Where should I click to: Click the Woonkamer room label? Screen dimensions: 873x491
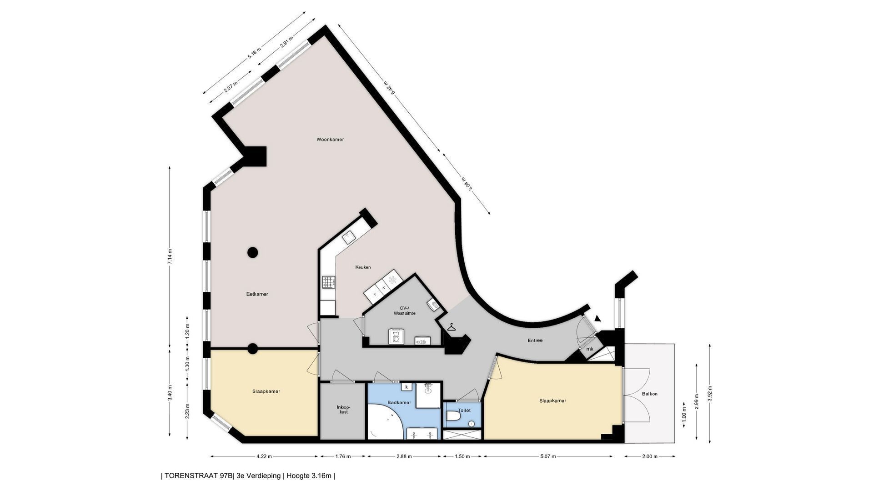coord(330,140)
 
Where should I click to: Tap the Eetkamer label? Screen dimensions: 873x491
coord(257,294)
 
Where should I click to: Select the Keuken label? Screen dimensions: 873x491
coord(363,267)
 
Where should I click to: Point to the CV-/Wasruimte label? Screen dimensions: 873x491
coord(404,311)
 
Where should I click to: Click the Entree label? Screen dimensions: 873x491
coord(535,341)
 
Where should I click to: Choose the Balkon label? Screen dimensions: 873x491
coord(650,394)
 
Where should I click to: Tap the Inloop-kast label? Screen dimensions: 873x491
coord(343,409)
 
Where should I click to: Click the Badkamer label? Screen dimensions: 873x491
coord(399,403)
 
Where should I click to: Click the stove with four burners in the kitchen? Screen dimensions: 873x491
coord(329,282)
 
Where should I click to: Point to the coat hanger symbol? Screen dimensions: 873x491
coord(451,327)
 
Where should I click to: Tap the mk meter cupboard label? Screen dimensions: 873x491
coord(590,349)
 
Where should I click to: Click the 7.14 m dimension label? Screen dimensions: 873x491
coord(170,257)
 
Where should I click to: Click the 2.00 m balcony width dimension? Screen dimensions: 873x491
coord(650,456)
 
